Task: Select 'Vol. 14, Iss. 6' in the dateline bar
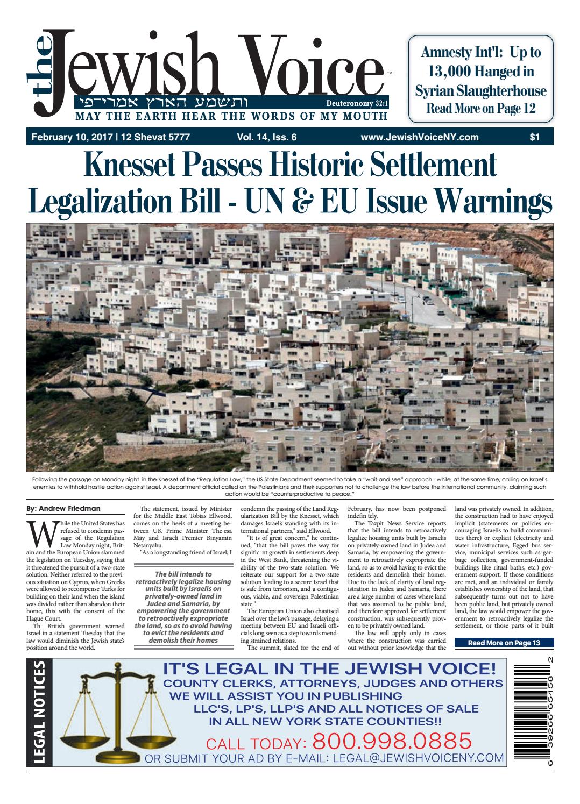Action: pyautogui.click(x=266, y=138)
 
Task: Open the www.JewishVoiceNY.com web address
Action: pyautogui.click(x=420, y=138)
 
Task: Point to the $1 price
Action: pyautogui.click(x=534, y=138)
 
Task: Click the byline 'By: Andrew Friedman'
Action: pyautogui.click(x=62, y=508)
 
